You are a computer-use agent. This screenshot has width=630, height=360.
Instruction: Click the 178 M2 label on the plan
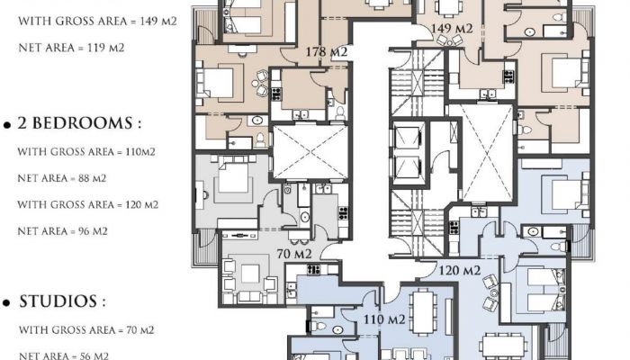coord(326,52)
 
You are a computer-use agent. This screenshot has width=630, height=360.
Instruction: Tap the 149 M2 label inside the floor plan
coord(452,29)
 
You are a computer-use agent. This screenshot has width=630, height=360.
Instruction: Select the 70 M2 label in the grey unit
coord(294,254)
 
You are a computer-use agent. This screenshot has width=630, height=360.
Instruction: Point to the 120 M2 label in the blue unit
coord(460,270)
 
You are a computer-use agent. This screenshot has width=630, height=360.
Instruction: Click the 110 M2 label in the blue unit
coord(384,319)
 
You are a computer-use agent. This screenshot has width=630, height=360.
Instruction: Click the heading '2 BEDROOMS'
coord(75,123)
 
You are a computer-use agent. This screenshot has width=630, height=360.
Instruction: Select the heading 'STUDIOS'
coord(58,301)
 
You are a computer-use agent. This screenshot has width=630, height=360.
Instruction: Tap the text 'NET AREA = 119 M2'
coord(71,48)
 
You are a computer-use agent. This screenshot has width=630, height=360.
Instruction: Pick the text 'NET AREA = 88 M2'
coord(62,178)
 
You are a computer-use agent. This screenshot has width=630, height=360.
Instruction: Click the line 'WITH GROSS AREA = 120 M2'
coord(88,204)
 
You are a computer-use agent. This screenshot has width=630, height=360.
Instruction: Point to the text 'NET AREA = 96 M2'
coord(62,231)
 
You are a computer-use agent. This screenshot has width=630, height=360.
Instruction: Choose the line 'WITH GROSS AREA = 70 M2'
coord(86,330)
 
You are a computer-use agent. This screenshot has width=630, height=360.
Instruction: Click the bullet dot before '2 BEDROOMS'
coord(6,125)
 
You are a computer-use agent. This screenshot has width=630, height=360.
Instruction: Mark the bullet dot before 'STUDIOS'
coord(6,303)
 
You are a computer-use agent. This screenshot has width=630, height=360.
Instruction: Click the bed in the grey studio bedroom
coord(233,175)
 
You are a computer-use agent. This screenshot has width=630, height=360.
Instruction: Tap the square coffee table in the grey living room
coord(250,274)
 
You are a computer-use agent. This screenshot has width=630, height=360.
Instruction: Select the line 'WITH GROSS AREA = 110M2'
coord(86,151)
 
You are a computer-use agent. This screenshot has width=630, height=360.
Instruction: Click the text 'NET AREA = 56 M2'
coord(64,355)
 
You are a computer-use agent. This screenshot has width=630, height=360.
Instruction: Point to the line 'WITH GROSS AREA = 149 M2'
coord(97,21)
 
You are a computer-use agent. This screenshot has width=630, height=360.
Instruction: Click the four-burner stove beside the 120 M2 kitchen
coord(454,228)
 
